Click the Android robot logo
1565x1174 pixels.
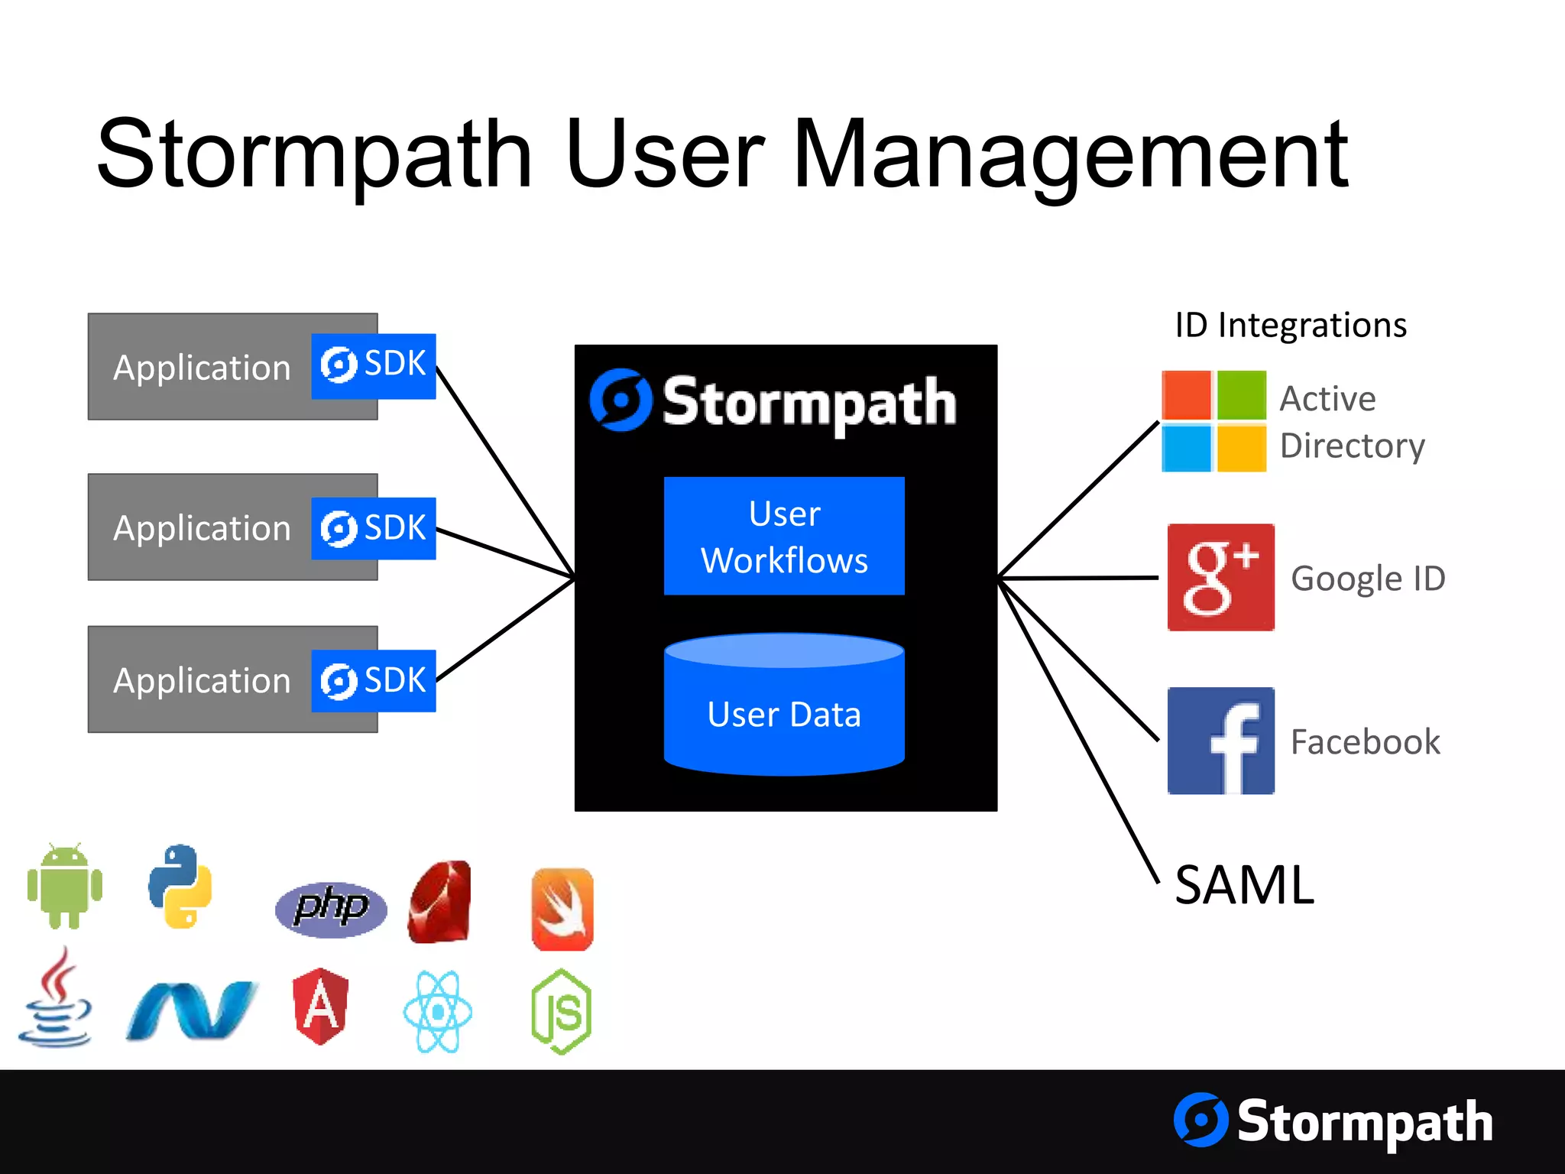pyautogui.click(x=65, y=887)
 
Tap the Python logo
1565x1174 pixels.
pyautogui.click(x=180, y=887)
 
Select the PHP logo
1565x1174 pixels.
pyautogui.click(x=331, y=908)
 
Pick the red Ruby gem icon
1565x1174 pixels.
pyautogui.click(x=440, y=902)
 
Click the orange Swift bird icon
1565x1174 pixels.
pyautogui.click(x=562, y=909)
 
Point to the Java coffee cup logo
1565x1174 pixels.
pyautogui.click(x=55, y=998)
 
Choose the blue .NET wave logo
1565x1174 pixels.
pyautogui.click(x=191, y=1010)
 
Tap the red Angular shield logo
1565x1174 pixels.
pyautogui.click(x=321, y=1006)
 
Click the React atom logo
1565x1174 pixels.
pyautogui.click(x=438, y=1012)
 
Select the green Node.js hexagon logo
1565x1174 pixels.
pyautogui.click(x=562, y=1012)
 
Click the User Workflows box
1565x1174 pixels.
pyautogui.click(x=784, y=536)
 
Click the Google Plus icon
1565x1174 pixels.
pyautogui.click(x=1220, y=577)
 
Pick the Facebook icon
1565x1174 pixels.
pyautogui.click(x=1220, y=741)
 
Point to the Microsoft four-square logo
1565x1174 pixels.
pyautogui.click(x=1213, y=421)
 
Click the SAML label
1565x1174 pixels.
pyautogui.click(x=1244, y=885)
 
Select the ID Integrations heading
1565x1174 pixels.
pyautogui.click(x=1291, y=325)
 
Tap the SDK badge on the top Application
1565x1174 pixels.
pyautogui.click(x=373, y=365)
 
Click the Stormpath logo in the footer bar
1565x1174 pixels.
pyautogui.click(x=1333, y=1121)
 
